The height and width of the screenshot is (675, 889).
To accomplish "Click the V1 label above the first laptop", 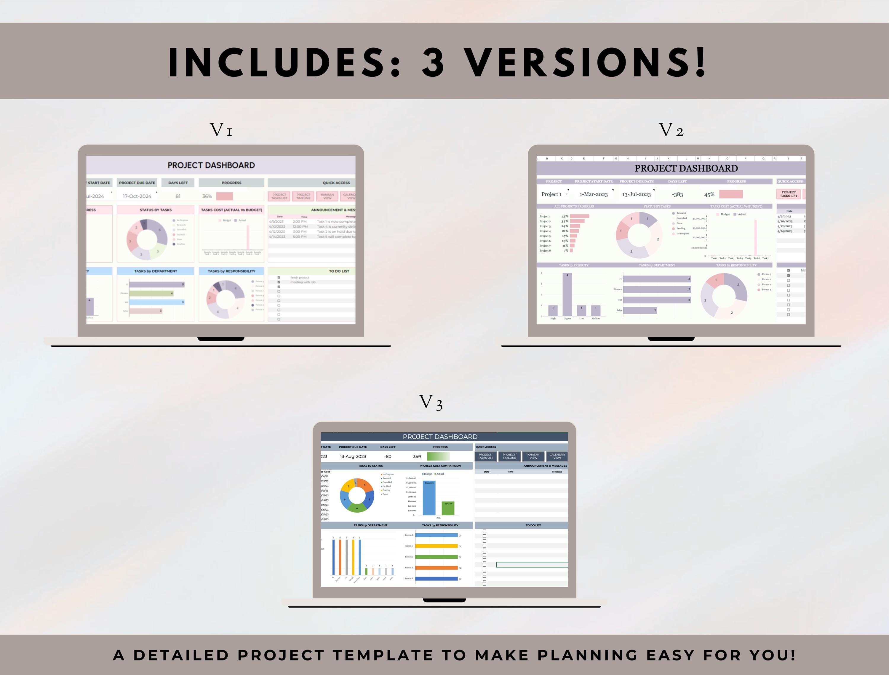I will coord(221,130).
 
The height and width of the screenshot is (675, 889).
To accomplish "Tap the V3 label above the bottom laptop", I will coord(431,403).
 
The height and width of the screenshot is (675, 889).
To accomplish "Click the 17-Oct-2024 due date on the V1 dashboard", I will coord(137,196).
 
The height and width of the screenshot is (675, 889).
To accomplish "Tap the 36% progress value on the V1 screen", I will coord(207,196).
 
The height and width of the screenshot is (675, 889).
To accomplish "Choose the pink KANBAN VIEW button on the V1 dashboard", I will coord(327,196).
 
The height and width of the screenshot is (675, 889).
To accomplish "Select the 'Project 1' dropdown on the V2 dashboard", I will coord(554,194).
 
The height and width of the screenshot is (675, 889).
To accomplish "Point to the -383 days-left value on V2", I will coord(677,194).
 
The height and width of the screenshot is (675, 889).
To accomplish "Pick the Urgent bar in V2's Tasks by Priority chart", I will coord(567,295).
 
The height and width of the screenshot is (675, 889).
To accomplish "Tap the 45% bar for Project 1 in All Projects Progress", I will coord(579,216).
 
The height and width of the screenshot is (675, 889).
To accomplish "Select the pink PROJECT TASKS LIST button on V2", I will coord(788,194).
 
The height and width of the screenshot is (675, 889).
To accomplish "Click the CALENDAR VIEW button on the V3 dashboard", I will coord(557,456).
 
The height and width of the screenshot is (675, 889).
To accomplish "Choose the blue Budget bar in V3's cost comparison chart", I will coord(429,498).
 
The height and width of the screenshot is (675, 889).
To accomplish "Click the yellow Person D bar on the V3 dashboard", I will coord(436,546).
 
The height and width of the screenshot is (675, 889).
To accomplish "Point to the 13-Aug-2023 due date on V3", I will coord(353,456).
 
